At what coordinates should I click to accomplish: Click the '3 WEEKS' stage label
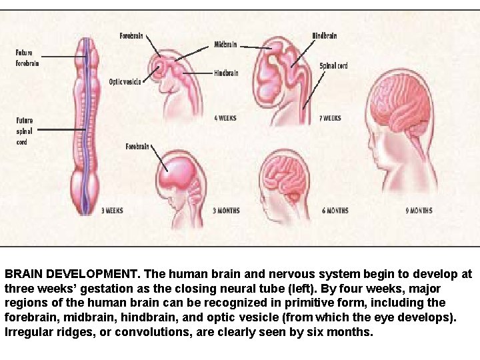pyautogui.click(x=112, y=211)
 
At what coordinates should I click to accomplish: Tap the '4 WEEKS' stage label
pyautogui.click(x=225, y=118)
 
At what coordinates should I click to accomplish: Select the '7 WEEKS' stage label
pyautogui.click(x=330, y=118)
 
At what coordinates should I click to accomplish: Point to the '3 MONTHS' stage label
pyautogui.click(x=226, y=211)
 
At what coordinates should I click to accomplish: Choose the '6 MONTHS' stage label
pyautogui.click(x=335, y=211)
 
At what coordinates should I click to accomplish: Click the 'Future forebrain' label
pyautogui.click(x=27, y=58)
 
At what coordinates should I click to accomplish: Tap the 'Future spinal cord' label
pyautogui.click(x=24, y=131)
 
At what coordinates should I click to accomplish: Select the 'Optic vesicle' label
pyautogui.click(x=125, y=82)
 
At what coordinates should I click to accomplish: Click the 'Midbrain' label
pyautogui.click(x=225, y=45)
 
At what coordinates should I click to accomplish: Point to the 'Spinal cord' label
pyautogui.click(x=333, y=66)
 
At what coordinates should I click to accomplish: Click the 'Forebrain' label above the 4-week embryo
pyautogui.click(x=131, y=35)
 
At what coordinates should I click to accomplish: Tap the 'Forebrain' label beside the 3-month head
pyautogui.click(x=137, y=146)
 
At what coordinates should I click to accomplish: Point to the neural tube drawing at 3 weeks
pyautogui.click(x=85, y=127)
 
